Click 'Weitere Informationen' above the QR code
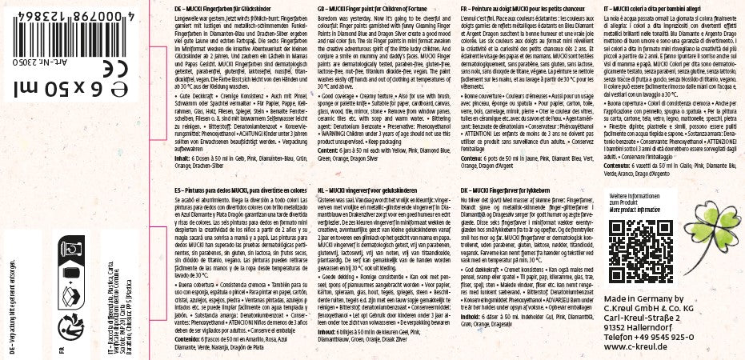(633, 196)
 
